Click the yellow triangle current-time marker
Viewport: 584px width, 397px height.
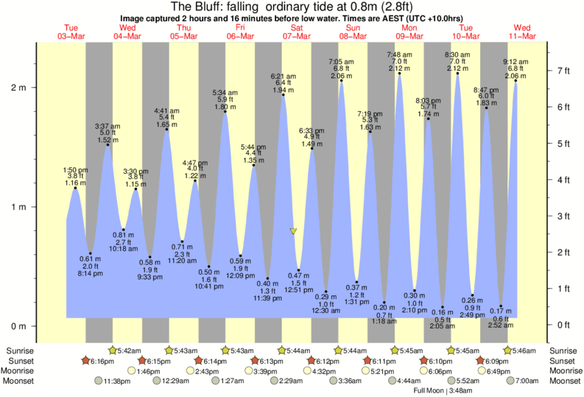[294, 231]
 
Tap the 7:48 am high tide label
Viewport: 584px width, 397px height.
[399, 55]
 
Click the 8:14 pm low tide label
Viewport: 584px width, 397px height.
[90, 273]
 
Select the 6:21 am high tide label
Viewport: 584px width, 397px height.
[283, 76]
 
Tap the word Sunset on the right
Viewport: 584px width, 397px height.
[562, 361]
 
